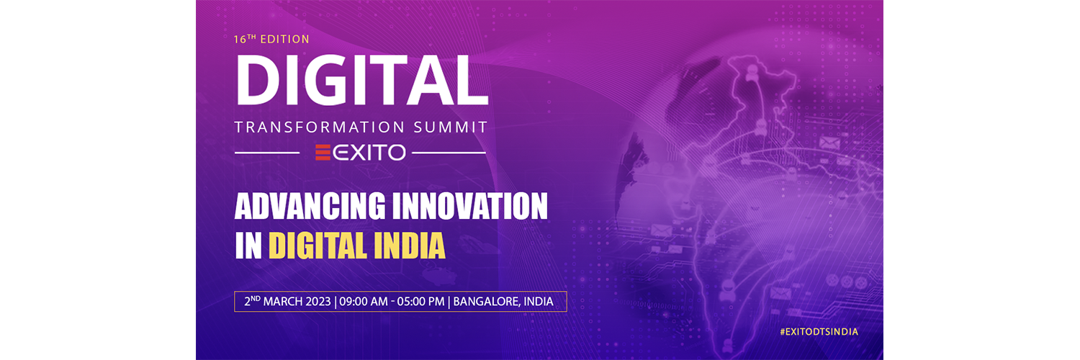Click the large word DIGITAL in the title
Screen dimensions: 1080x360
361,81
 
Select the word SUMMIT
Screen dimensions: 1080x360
450,127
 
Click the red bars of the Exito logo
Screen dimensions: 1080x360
323,153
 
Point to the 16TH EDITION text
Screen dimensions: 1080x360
271,39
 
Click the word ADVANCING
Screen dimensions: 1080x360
310,206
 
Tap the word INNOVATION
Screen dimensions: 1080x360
470,206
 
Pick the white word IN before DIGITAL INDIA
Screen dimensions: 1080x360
248,246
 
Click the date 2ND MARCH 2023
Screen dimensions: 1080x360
287,302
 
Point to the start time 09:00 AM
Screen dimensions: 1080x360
364,302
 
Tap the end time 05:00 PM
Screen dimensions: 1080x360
420,302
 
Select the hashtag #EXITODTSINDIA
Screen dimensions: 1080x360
819,332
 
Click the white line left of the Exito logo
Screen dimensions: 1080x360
267,153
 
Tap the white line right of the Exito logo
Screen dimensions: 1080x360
449,153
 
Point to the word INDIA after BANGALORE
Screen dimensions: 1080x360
539,302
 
